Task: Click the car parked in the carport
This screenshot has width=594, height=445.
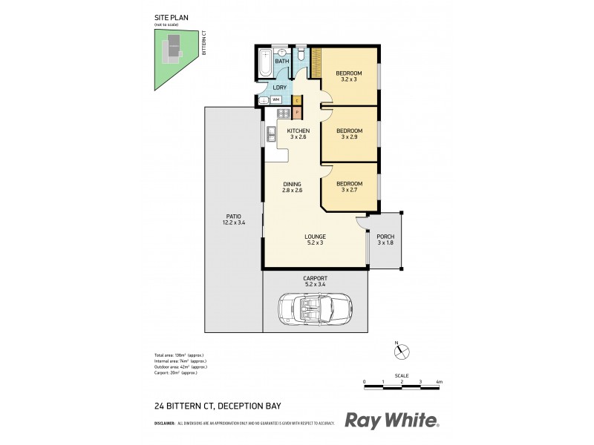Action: [314, 309]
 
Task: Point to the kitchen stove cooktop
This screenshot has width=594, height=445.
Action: [283, 113]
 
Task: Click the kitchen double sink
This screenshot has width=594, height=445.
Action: [272, 134]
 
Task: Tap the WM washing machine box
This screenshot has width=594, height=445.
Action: [275, 99]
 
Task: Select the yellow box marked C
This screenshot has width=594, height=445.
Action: [297, 99]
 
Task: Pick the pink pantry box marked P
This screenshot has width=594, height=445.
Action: [297, 113]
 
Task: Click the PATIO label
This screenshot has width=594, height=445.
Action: [234, 216]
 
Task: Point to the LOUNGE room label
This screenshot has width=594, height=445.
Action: [315, 237]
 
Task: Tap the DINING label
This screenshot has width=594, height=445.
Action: [291, 185]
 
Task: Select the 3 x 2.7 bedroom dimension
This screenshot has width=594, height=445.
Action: [349, 190]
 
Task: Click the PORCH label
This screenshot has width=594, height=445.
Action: [385, 237]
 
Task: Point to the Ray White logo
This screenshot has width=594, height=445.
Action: [392, 421]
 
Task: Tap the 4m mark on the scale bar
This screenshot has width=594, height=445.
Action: [440, 382]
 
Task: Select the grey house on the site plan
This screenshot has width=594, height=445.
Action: [172, 47]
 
